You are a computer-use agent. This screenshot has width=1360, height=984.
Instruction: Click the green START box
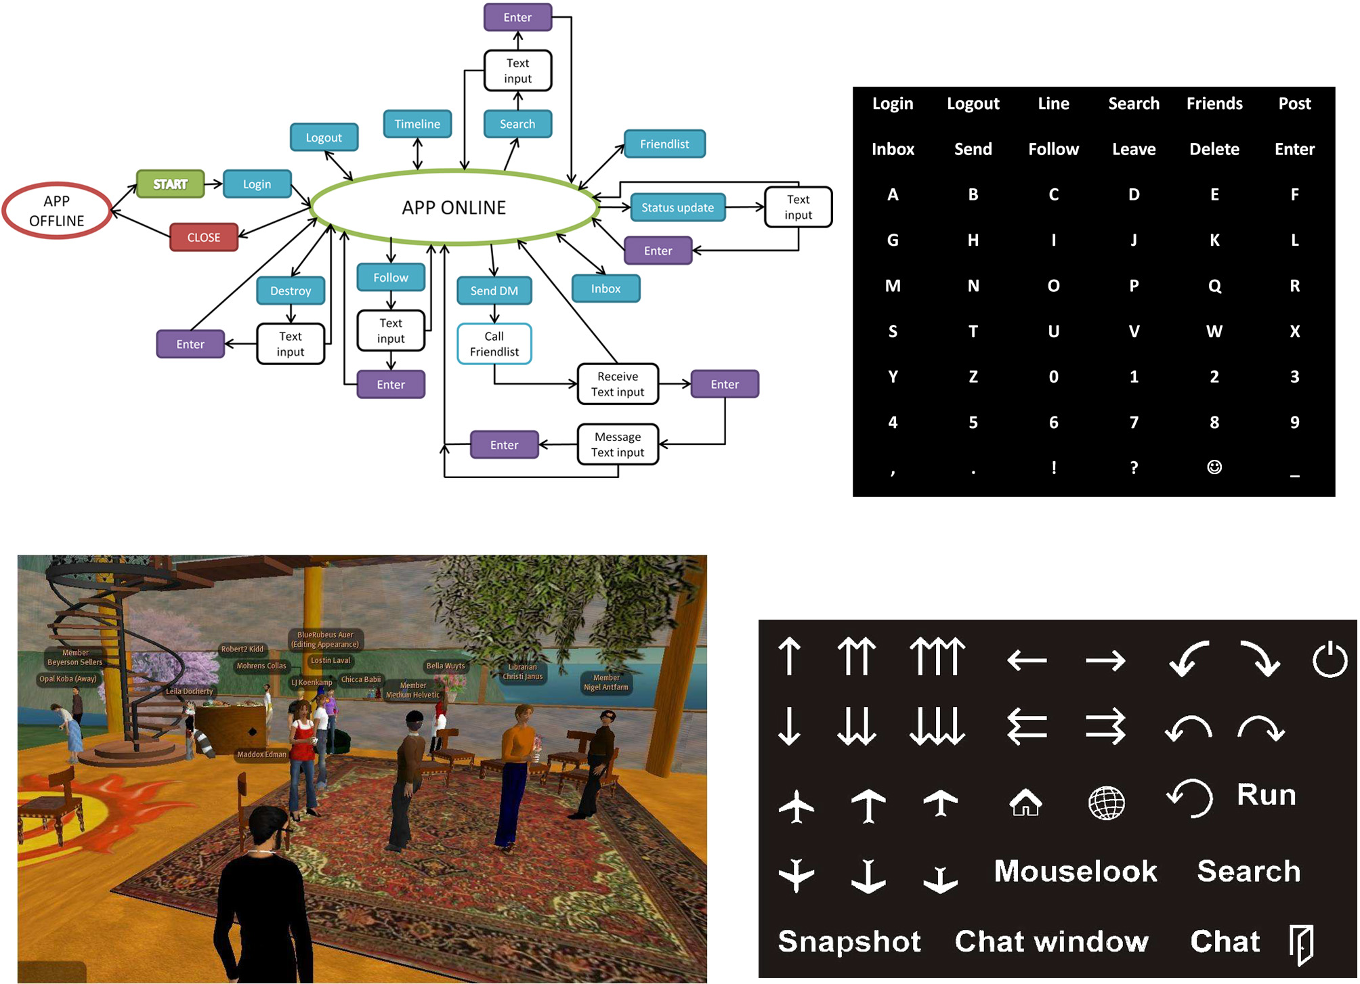click(x=170, y=184)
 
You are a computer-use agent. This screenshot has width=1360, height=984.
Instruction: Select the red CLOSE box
click(x=204, y=238)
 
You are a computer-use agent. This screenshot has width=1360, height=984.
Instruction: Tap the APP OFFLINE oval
click(x=57, y=211)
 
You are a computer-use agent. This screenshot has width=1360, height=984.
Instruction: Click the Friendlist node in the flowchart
click(x=664, y=144)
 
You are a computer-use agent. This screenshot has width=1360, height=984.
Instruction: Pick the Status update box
click(x=677, y=208)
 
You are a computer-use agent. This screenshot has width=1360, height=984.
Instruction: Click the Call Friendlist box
click(x=494, y=344)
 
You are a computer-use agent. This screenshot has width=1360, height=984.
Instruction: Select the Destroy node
click(x=291, y=291)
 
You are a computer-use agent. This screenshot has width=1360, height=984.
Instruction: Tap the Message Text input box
click(x=618, y=445)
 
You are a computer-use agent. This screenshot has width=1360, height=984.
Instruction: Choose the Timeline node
click(x=417, y=124)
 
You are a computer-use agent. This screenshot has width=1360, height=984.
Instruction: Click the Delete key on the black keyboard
click(x=1214, y=149)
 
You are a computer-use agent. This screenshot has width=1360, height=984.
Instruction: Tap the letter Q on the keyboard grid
click(x=1214, y=286)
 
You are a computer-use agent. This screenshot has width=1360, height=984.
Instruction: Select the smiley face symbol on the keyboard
click(x=1214, y=467)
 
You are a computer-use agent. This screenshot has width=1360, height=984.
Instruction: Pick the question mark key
click(x=1134, y=467)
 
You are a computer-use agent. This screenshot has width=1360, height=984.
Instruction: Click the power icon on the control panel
click(x=1330, y=659)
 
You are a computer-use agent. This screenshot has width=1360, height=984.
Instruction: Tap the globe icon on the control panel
click(x=1106, y=804)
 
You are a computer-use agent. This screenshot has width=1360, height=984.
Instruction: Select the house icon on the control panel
click(x=1025, y=803)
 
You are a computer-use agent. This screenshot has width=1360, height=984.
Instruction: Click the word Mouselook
click(x=1076, y=872)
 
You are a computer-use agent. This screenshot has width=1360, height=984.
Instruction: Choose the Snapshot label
click(x=849, y=942)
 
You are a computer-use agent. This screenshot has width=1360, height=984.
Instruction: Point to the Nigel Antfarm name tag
click(x=606, y=683)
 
